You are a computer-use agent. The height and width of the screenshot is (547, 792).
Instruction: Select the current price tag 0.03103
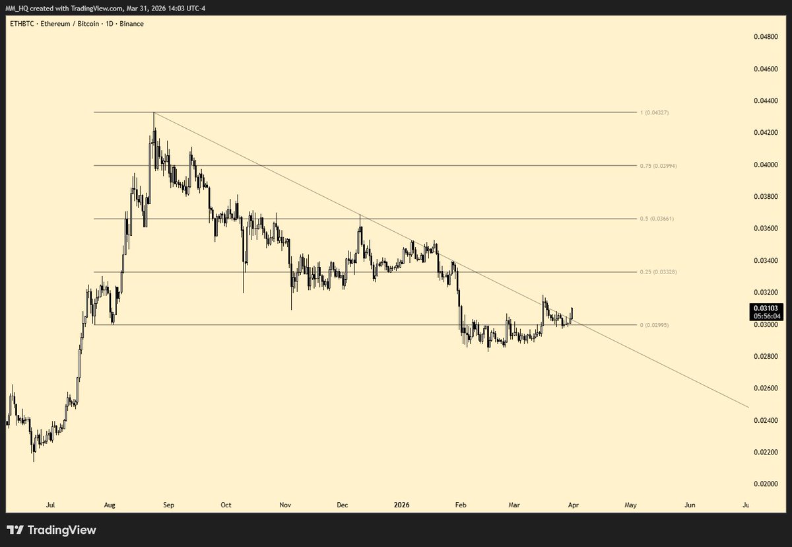(x=765, y=308)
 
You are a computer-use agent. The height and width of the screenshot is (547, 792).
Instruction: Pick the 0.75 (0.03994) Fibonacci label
(x=658, y=166)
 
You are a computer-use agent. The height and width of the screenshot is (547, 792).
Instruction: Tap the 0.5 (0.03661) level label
(x=656, y=219)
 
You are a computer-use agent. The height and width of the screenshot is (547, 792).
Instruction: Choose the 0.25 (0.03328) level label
(x=658, y=272)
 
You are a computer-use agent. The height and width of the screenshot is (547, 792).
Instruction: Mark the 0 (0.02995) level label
(x=656, y=325)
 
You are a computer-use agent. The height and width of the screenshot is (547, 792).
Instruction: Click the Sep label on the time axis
(x=168, y=505)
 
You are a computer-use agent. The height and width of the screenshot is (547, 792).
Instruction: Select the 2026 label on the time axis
(x=401, y=505)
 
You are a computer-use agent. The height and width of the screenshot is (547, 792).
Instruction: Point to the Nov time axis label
(x=285, y=505)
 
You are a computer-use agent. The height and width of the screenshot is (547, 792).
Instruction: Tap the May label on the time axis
(x=630, y=505)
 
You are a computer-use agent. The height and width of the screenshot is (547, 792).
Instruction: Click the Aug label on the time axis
(x=110, y=505)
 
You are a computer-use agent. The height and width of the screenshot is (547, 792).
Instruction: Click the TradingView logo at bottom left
(x=51, y=530)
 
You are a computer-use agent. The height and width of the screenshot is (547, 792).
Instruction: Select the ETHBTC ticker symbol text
(x=19, y=24)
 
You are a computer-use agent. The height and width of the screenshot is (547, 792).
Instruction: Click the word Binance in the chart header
(x=132, y=24)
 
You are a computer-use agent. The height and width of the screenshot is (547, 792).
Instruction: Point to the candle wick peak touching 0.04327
(x=154, y=113)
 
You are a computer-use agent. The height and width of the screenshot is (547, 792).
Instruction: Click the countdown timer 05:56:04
(x=765, y=316)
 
